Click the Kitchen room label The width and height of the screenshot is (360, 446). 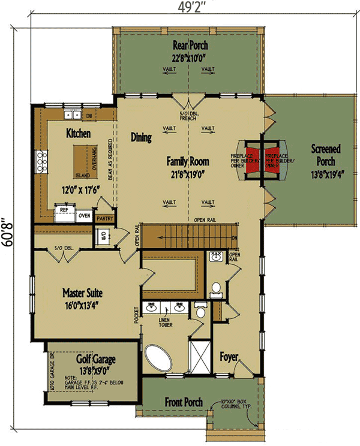[79, 133]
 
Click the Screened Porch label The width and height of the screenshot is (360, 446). [326, 155]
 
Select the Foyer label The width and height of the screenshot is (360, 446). [229, 357]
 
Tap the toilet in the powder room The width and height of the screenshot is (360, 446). [216, 290]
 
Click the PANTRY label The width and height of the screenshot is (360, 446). [105, 219]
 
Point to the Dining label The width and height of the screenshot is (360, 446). [141, 138]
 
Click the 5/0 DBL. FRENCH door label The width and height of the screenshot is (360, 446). [188, 117]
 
